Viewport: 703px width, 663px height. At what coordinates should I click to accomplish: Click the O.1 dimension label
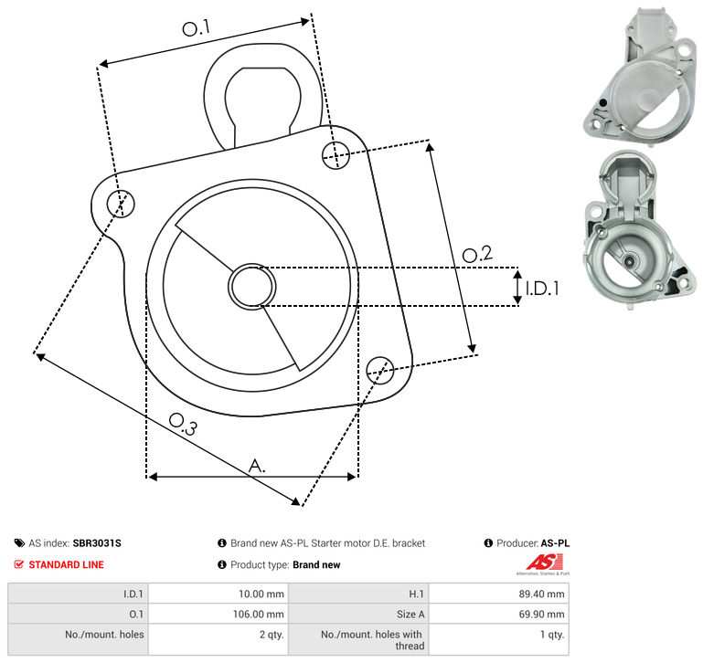coord(196,28)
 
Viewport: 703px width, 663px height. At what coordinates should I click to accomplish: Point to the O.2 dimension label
coord(477,254)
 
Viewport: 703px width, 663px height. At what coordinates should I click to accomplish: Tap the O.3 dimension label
coord(183,425)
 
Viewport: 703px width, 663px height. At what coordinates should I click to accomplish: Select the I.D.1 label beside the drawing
coord(542,289)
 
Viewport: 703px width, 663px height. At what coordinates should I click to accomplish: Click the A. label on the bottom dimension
coord(257,466)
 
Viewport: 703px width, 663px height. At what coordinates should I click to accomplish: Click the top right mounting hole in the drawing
coord(336,155)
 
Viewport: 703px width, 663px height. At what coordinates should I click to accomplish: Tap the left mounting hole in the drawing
coord(121,204)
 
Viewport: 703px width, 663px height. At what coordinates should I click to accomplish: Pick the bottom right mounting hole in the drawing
coord(380,370)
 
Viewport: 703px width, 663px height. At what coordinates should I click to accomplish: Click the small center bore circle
coord(252,287)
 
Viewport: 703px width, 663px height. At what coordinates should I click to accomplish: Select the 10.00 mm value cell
coord(261,594)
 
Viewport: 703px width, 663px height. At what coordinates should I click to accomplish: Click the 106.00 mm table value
coord(258,615)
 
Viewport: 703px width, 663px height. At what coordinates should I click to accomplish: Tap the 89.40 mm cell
coord(541,594)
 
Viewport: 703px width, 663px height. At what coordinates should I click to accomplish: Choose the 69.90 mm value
coord(541,615)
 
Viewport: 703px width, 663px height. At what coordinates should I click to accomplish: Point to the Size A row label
coord(410,615)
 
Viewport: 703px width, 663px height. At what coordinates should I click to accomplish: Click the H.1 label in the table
coord(416,594)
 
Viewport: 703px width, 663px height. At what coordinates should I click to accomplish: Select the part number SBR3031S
coord(97,543)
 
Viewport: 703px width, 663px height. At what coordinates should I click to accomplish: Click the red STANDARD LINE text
coord(67,565)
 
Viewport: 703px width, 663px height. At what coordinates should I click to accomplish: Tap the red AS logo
coord(544,563)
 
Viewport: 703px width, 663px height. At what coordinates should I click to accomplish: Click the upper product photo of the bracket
coord(640,76)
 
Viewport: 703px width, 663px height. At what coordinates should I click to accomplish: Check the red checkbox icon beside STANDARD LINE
coord(19,564)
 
